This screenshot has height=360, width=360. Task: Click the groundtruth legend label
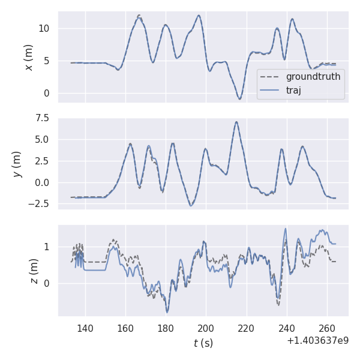tap(313, 77)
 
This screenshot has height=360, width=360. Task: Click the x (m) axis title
tap(28, 57)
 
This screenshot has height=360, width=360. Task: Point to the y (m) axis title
tap(17, 164)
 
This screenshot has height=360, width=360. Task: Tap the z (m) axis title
tap(34, 271)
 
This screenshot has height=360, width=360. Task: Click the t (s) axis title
tap(203, 343)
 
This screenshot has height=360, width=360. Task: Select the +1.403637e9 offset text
tap(317, 340)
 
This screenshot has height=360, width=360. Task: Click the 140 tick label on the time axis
tap(85, 329)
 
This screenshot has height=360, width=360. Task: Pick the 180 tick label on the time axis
tap(166, 329)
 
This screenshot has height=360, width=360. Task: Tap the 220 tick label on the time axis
tap(246, 329)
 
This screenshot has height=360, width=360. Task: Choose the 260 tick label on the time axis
tap(326, 329)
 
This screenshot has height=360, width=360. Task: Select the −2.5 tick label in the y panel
tap(40, 205)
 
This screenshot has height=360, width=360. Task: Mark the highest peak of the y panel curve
tap(236, 122)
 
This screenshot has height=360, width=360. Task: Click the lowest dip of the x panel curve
tap(239, 99)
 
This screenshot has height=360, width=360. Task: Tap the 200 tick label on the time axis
tap(206, 329)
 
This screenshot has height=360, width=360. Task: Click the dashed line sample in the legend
tap(271, 77)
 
